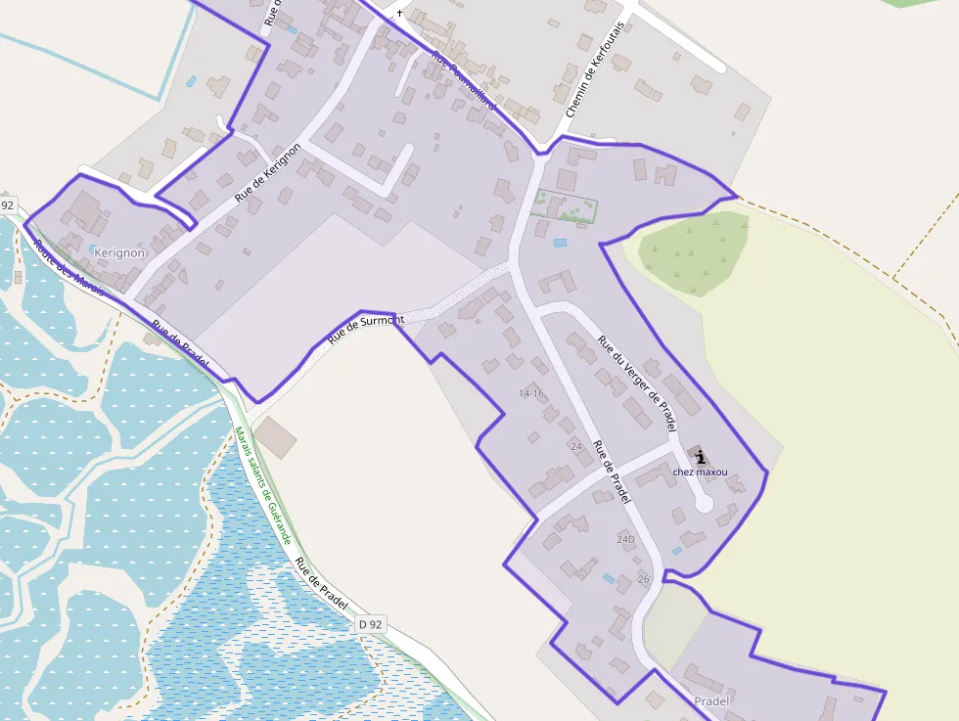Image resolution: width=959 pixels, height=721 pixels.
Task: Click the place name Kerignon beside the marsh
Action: point(118,252)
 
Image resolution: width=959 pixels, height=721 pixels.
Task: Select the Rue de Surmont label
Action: point(365,328)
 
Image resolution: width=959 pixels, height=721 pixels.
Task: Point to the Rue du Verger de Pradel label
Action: point(637,384)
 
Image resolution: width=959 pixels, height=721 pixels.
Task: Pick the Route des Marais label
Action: point(68,267)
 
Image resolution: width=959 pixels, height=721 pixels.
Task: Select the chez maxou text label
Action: point(701,473)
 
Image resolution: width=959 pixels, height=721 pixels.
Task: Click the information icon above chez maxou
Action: point(701,455)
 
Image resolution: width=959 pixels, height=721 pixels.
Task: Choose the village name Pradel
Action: point(711,701)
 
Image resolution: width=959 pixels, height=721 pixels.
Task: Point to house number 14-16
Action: point(531,393)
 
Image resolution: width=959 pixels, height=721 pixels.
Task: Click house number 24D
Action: point(625,539)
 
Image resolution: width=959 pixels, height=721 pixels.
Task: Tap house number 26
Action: point(643,579)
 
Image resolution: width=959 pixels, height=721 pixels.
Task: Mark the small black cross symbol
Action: point(399,14)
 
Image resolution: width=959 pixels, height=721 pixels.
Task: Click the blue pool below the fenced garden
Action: point(560,242)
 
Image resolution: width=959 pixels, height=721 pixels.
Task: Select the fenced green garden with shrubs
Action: point(566,206)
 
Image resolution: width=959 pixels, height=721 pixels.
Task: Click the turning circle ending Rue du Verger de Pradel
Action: point(703,503)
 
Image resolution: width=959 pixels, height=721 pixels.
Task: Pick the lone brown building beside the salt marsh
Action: point(276,437)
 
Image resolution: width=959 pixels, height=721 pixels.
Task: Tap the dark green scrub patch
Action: point(694,251)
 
